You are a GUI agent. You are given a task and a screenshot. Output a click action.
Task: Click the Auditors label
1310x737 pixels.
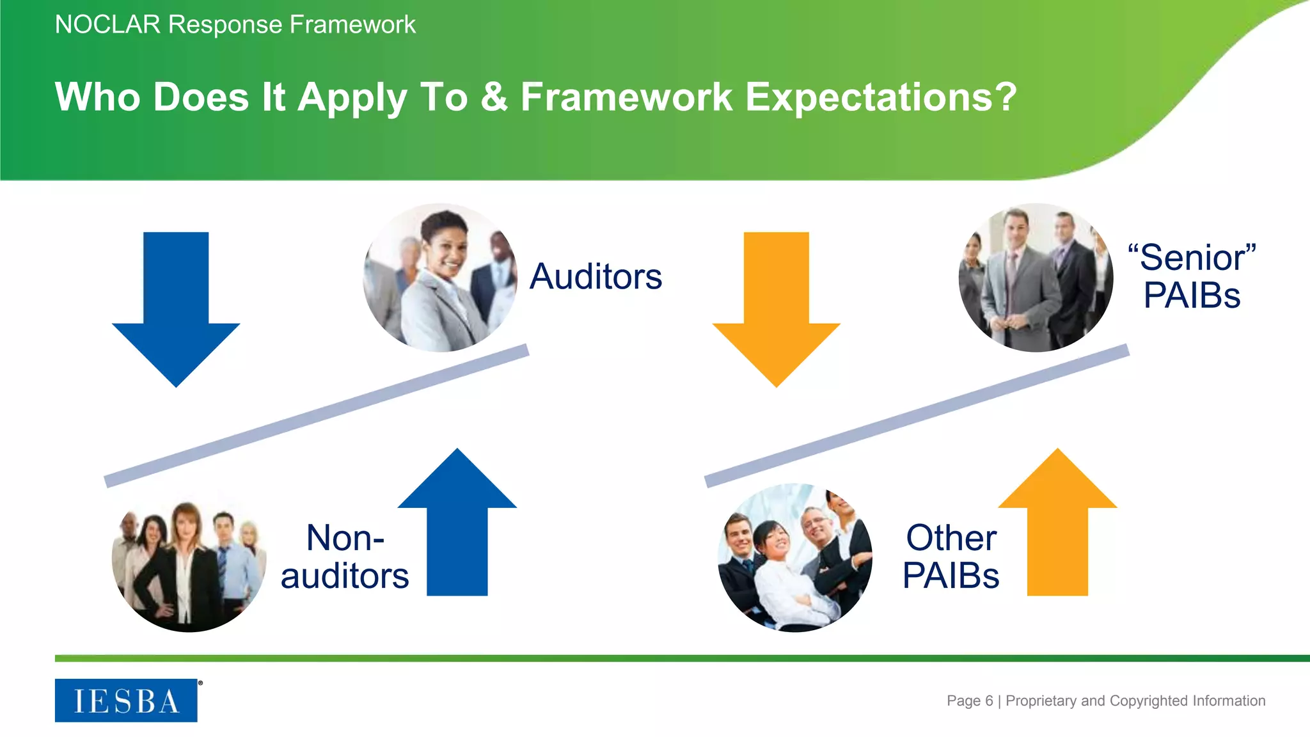point(596,276)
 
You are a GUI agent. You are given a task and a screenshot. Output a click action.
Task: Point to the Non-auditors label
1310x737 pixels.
point(345,557)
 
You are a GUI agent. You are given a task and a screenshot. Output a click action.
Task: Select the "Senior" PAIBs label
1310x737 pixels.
point(1192,276)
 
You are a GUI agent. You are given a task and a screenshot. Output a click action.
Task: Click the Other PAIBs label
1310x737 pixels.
point(951,557)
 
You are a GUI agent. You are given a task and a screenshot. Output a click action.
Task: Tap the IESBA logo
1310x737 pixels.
point(126,701)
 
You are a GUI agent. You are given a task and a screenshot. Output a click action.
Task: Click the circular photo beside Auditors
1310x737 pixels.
point(440,278)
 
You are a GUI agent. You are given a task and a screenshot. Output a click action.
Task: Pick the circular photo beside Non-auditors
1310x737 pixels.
point(189,558)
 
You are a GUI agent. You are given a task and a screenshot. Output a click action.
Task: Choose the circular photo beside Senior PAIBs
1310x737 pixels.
point(1036,278)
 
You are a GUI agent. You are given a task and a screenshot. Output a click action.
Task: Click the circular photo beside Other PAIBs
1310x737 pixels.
point(795,558)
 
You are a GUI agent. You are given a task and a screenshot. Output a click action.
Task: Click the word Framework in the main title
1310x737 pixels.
point(626,97)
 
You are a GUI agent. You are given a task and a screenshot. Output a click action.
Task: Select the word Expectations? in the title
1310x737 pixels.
point(881,97)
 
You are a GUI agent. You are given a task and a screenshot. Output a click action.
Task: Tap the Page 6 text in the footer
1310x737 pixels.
point(970,701)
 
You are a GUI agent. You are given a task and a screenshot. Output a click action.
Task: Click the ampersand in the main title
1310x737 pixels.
point(494,97)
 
